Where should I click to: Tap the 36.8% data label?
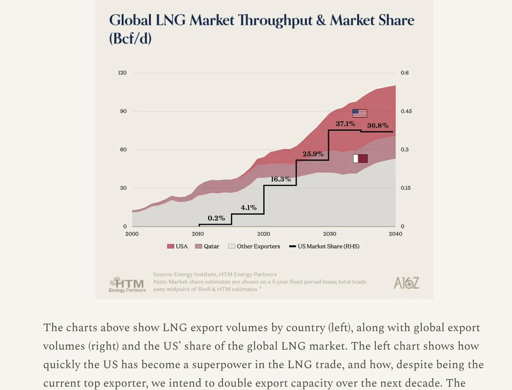point(378,125)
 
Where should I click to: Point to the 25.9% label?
point(313,154)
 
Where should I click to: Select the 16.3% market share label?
point(281,179)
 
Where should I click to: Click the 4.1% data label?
point(248,208)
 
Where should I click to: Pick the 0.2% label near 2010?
point(216,218)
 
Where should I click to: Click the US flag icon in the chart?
point(360,113)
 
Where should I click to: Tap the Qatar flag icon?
point(360,159)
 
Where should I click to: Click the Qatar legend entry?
point(207,246)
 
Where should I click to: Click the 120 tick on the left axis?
point(122,73)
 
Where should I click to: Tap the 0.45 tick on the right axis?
point(405,111)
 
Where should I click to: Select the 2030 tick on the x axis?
point(329,234)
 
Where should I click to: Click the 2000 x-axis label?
point(132,234)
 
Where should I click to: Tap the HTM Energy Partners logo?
point(127,285)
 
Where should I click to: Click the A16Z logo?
point(406,284)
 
